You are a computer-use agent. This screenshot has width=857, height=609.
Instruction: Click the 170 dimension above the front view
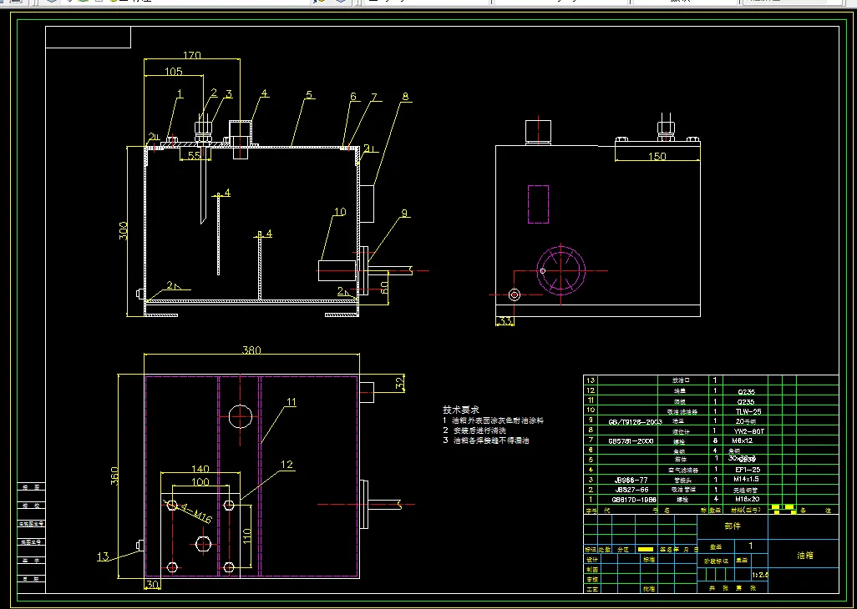pyautogui.click(x=191, y=56)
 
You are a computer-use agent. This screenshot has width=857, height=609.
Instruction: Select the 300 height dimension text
pyautogui.click(x=124, y=230)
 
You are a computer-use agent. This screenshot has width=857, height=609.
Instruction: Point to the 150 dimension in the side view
pyautogui.click(x=657, y=157)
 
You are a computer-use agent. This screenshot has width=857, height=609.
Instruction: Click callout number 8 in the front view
pyautogui.click(x=405, y=97)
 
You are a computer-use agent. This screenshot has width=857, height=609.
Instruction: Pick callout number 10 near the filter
pyautogui.click(x=339, y=213)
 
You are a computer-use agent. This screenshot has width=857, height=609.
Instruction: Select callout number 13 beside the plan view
pyautogui.click(x=103, y=556)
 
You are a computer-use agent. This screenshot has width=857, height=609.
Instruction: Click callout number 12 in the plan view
pyautogui.click(x=287, y=464)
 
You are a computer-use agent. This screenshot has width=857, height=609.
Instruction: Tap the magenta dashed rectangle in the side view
pyautogui.click(x=538, y=204)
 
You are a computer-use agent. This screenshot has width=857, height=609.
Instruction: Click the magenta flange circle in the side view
pyautogui.click(x=560, y=270)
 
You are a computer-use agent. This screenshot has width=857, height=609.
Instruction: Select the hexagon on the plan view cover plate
pyautogui.click(x=203, y=544)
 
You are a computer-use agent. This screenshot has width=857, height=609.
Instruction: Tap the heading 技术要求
pyautogui.click(x=461, y=410)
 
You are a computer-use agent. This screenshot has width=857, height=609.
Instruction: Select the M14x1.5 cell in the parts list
pyautogui.click(x=745, y=479)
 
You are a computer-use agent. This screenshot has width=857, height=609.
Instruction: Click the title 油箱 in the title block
pyautogui.click(x=804, y=555)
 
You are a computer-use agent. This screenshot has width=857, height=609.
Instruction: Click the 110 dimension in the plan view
pyautogui.click(x=246, y=534)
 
